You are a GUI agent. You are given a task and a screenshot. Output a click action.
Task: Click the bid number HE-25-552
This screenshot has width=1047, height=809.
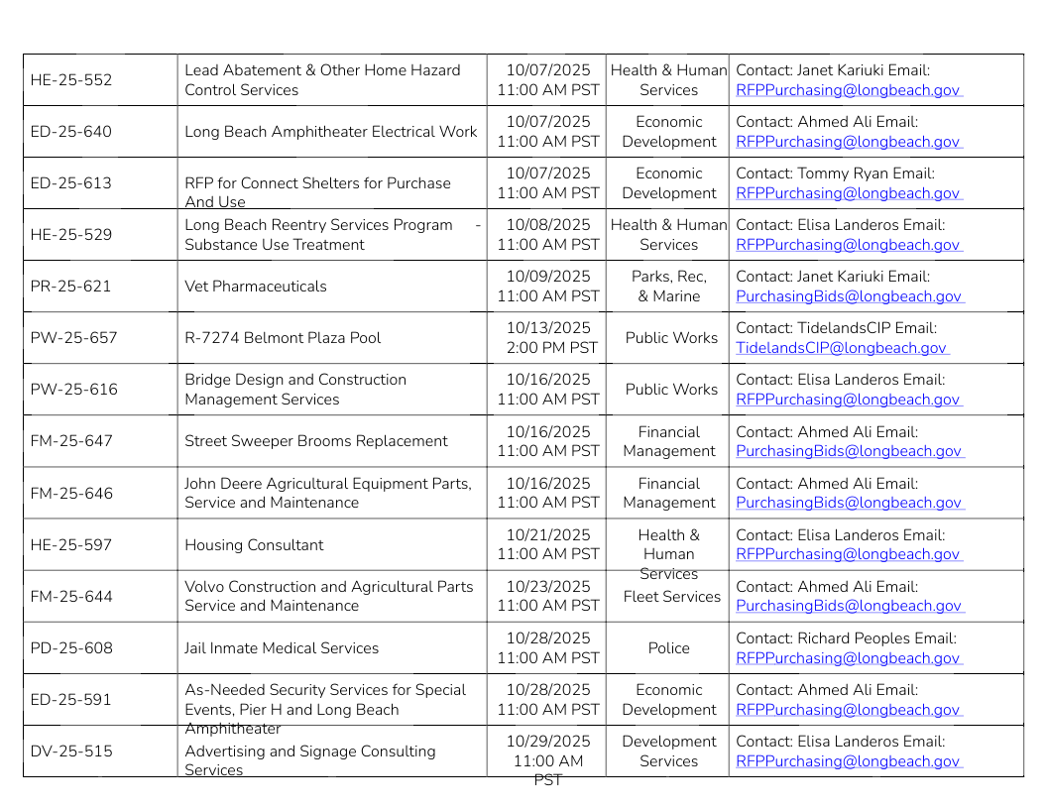point(71,80)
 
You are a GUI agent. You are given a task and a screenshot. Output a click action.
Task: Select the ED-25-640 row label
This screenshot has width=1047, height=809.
point(71,132)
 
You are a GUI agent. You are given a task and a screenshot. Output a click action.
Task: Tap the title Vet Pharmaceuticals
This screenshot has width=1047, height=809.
point(255,287)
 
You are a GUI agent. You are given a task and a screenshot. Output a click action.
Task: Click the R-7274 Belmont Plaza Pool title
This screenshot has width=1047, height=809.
point(283,338)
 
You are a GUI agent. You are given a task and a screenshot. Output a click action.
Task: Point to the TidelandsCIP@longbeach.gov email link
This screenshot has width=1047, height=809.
point(841,348)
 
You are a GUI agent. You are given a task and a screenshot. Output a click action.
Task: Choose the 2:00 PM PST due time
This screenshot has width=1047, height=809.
point(551,348)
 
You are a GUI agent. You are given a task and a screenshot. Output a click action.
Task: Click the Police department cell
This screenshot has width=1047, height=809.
point(668,648)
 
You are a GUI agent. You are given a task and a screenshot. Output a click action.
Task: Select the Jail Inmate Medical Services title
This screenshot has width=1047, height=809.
point(282,648)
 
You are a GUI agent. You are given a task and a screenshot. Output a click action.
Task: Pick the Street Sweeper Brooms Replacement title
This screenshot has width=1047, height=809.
point(316,441)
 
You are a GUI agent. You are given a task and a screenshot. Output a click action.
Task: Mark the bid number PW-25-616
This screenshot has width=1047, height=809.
point(74,390)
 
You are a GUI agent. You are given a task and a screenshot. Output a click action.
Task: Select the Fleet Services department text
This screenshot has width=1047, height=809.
point(671,597)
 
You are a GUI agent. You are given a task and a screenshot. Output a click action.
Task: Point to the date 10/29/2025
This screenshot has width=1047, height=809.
point(547,742)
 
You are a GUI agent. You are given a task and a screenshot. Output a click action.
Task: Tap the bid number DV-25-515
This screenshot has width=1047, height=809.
point(71,751)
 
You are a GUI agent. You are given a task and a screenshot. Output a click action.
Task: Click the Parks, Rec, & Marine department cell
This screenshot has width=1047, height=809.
point(668,287)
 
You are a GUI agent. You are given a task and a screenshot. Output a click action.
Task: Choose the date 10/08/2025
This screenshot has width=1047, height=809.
point(547,225)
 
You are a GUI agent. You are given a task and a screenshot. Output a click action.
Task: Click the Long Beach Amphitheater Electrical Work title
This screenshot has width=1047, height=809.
point(331,132)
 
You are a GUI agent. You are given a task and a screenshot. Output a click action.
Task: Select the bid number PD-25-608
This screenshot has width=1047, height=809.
point(71,648)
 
